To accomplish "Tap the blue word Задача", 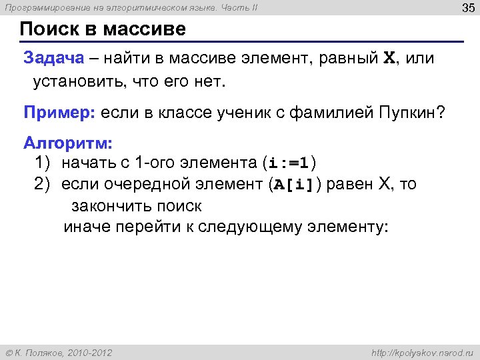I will click(54, 58).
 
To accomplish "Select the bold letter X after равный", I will click(389, 58).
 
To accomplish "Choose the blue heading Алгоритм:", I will click(68, 143).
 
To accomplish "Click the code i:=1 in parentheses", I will click(289, 163).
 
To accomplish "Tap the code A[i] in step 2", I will click(293, 185).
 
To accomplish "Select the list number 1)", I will click(44, 163).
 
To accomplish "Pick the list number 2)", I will click(44, 184).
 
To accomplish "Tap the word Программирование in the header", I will click(35, 8).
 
